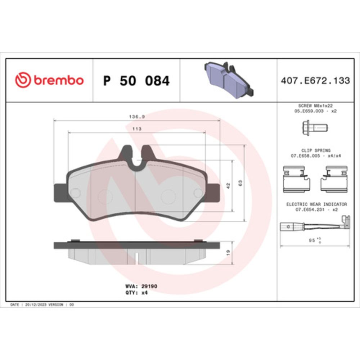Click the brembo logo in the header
(x=49, y=80)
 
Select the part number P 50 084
(x=136, y=81)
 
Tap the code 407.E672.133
(x=315, y=81)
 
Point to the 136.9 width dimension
(x=137, y=117)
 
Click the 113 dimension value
(x=137, y=129)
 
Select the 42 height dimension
(x=228, y=185)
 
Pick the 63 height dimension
(x=240, y=183)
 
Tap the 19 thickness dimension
(x=228, y=253)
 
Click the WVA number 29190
(x=149, y=286)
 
